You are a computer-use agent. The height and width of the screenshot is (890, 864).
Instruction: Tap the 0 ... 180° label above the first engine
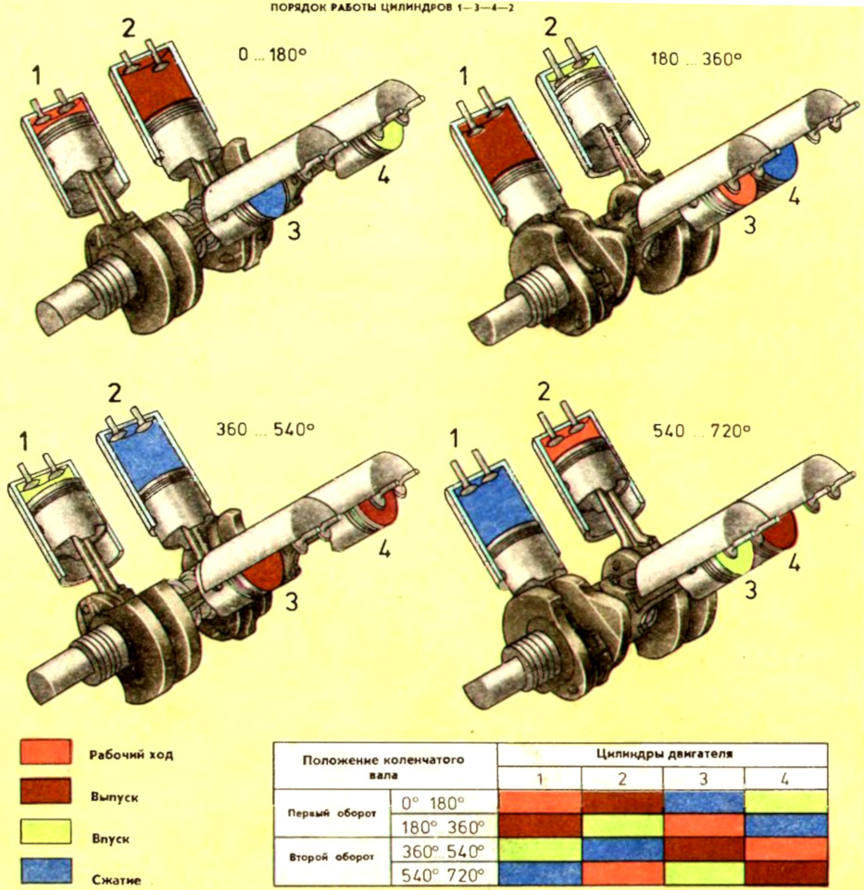coord(271,55)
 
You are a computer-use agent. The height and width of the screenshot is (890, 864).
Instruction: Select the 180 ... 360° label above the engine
coord(696,56)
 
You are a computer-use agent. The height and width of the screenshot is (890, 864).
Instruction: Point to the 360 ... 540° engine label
coord(265,430)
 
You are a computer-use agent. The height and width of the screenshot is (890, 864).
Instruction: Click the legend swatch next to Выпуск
coord(44,795)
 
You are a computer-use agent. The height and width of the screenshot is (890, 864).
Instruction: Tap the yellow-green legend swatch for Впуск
coord(44,836)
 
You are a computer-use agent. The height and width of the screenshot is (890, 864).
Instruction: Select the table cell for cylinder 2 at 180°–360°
coord(622,825)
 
